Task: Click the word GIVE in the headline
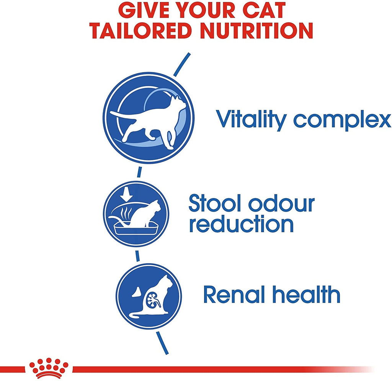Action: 139,10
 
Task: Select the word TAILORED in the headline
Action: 141,31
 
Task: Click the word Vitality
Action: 251,119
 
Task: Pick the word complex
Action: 342,121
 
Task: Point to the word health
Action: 306,294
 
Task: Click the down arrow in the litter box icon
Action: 126,194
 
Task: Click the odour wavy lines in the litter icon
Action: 125,213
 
